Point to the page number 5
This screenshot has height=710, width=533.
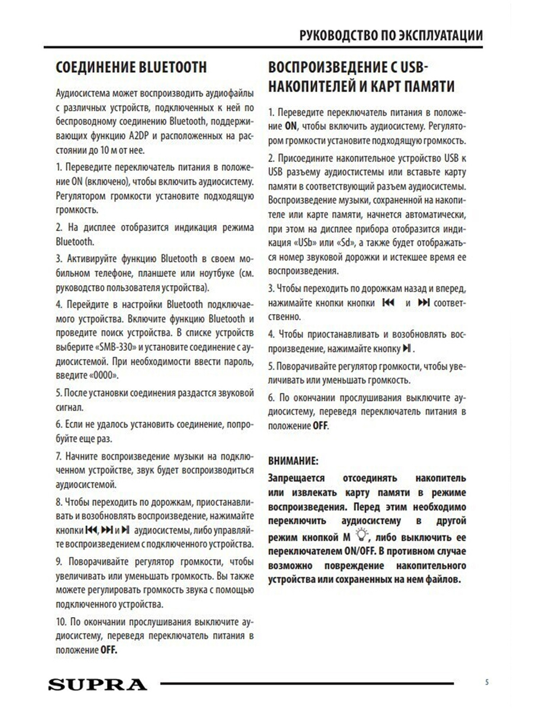coord(487,682)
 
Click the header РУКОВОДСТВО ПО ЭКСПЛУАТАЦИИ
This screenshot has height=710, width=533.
coord(391,35)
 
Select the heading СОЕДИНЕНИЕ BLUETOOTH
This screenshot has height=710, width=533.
coord(131,67)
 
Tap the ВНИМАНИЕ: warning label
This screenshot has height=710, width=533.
coord(294,460)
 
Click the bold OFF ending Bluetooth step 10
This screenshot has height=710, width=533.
coord(108,650)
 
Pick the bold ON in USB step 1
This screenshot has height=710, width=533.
coord(290,126)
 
